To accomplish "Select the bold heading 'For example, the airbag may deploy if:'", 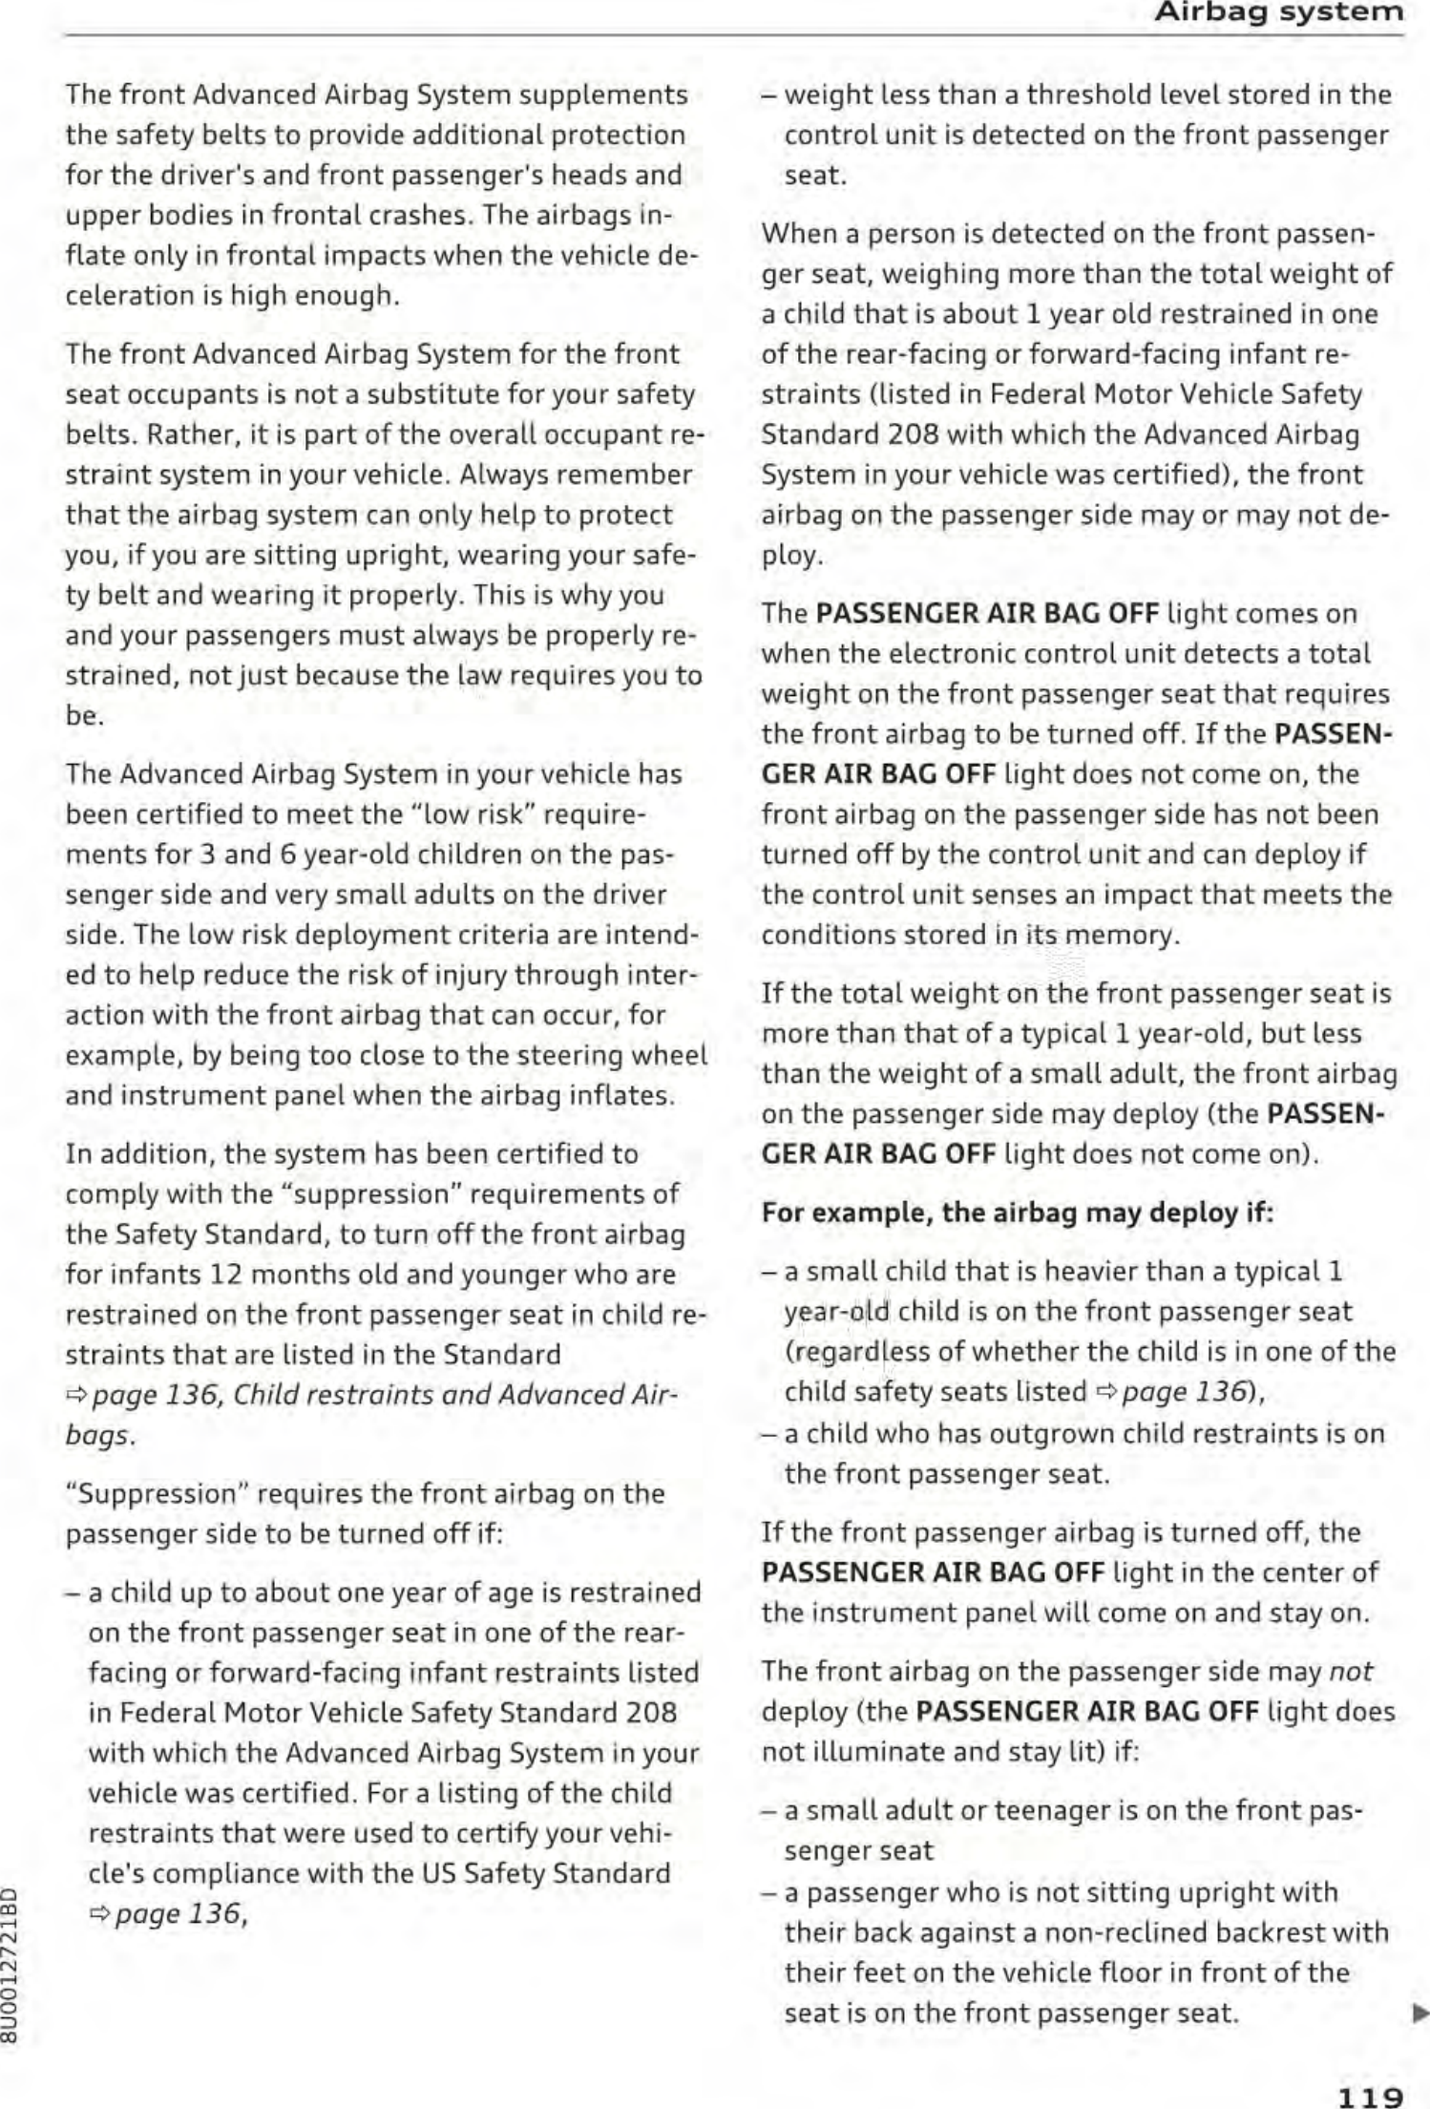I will [x=1018, y=1213].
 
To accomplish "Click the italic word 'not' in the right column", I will [x=1351, y=1671].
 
